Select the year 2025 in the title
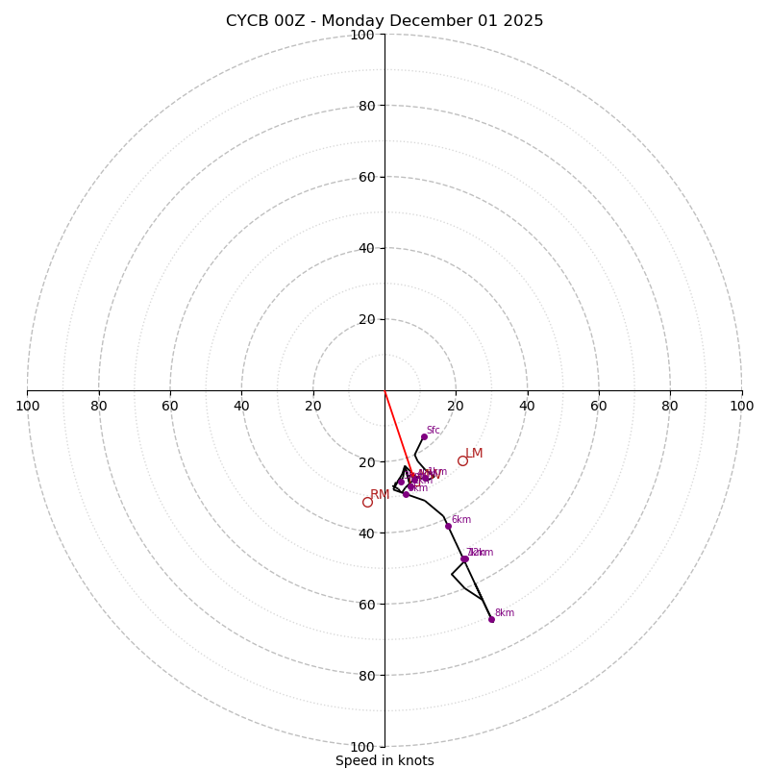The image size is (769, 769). coord(523,21)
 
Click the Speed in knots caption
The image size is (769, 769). coord(384,760)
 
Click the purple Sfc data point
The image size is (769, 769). coord(424,436)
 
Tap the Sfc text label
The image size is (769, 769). coord(434,430)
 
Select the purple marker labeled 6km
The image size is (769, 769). coord(448,526)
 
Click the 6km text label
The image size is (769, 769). coord(461,519)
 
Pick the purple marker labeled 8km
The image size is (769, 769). coord(491,619)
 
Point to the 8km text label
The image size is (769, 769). coord(505,612)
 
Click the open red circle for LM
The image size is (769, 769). coord(462,460)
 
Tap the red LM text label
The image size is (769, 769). coord(475,453)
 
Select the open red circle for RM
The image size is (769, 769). coord(367,502)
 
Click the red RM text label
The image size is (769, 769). coord(380,494)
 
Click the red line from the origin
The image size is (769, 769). coord(396,428)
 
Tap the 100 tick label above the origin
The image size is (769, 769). coord(362,35)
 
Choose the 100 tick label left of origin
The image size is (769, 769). coord(28,406)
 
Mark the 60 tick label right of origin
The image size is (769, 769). coord(599,406)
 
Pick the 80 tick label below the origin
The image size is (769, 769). coord(365,675)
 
